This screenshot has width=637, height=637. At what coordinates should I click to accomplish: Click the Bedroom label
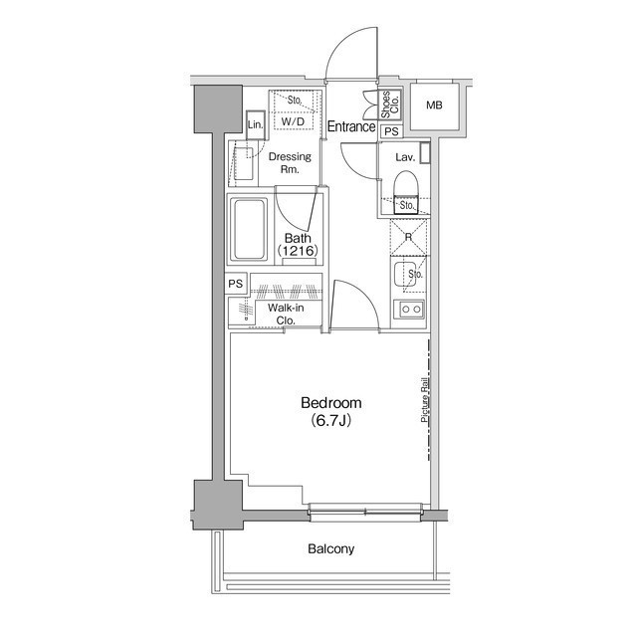click(x=331, y=402)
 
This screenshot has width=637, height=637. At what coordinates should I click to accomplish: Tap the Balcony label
click(x=331, y=548)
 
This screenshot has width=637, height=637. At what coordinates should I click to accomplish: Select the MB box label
click(x=434, y=106)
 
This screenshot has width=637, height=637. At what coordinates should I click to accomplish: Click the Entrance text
click(x=351, y=126)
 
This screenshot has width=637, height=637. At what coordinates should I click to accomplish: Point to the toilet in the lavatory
click(x=406, y=191)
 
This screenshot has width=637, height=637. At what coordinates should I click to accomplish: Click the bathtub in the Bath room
click(x=250, y=229)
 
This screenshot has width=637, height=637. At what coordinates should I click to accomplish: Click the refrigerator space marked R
click(x=408, y=237)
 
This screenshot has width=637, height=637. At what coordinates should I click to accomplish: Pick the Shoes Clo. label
click(x=390, y=105)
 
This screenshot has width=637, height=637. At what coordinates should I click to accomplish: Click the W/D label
click(x=293, y=121)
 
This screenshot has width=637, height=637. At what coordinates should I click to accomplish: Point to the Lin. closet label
click(x=256, y=124)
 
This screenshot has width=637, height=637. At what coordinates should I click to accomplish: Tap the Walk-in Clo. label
click(x=286, y=315)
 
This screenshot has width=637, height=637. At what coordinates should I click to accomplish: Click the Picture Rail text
click(x=425, y=400)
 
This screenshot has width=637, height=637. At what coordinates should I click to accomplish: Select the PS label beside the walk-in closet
click(x=235, y=283)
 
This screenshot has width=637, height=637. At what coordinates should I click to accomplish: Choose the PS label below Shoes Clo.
click(x=391, y=131)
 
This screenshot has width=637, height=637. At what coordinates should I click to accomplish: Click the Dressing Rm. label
click(x=290, y=162)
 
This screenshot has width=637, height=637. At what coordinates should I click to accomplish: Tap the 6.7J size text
click(x=331, y=420)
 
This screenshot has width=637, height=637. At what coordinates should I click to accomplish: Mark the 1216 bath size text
click(x=298, y=251)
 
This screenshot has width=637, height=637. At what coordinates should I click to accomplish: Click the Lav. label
click(x=405, y=157)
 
